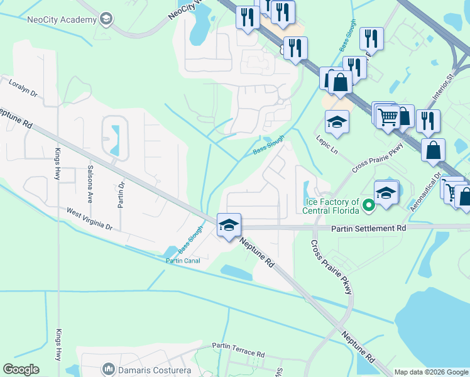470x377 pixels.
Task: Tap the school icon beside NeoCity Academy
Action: point(106,19)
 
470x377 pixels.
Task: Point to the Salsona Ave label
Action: point(90,179)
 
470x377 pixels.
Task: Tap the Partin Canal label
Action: point(183,261)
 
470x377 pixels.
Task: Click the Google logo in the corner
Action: point(21,369)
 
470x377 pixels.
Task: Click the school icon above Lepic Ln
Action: point(337,123)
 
